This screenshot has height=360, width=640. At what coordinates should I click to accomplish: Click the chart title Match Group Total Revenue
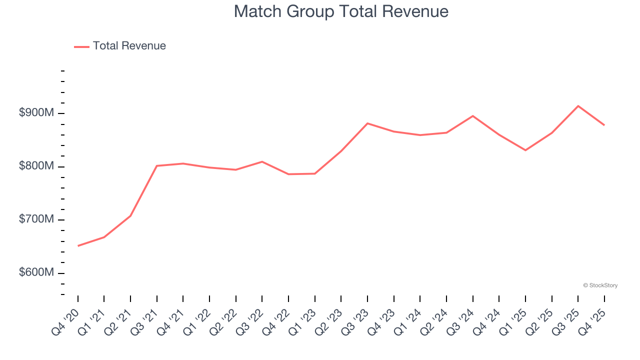341,11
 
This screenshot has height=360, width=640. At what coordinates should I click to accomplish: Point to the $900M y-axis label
36,113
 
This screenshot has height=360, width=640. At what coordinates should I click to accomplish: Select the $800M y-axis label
36,166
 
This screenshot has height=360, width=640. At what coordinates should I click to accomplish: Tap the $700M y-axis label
36,219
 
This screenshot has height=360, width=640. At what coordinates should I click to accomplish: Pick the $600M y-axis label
36,273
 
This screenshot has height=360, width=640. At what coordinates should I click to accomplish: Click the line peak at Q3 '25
578,106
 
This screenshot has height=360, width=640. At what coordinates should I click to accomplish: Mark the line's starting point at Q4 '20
78,246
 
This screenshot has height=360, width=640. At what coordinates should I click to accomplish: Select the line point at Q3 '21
157,165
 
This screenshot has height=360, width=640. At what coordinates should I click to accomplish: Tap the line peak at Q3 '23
367,123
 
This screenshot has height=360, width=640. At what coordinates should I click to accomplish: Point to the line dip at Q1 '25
525,150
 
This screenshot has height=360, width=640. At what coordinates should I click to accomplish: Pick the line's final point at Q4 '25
604,125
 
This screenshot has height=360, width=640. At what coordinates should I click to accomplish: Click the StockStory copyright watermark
600,285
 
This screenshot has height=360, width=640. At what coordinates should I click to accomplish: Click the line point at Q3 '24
472,116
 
